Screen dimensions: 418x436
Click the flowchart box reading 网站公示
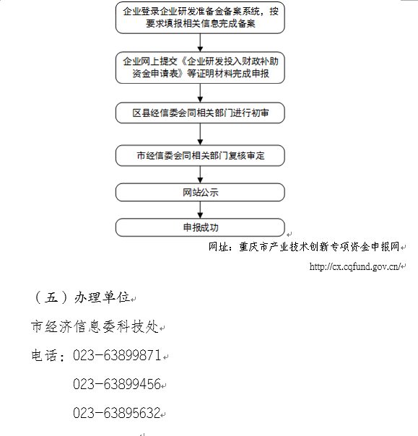pyautogui.click(x=200, y=192)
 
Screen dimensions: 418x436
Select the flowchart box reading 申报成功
pyautogui.click(x=200, y=227)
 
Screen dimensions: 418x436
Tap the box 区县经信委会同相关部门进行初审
pyautogui.click(x=200, y=113)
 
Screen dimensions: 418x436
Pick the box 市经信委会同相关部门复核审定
pyautogui.click(x=200, y=155)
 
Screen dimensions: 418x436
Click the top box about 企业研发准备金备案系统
pyautogui.click(x=200, y=17)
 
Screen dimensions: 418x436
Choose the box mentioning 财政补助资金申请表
pyautogui.click(x=200, y=68)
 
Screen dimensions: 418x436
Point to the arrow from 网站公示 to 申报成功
pyautogui.click(x=200, y=210)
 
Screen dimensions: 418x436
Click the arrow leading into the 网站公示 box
pyautogui.click(x=200, y=175)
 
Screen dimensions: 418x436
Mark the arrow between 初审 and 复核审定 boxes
pyautogui.click(x=200, y=134)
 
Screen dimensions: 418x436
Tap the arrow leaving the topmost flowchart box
pyautogui.click(x=200, y=43)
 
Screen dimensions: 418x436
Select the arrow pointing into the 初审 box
pyautogui.click(x=200, y=93)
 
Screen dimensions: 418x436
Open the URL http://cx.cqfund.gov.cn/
pyautogui.click(x=354, y=266)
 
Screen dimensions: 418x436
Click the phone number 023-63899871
pyautogui.click(x=117, y=355)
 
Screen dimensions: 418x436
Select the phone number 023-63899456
pyautogui.click(x=117, y=384)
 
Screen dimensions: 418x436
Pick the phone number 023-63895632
pyautogui.click(x=117, y=413)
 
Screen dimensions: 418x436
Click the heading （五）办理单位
pyautogui.click(x=82, y=297)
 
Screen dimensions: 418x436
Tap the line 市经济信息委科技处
pyautogui.click(x=95, y=326)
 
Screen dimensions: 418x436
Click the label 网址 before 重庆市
pyautogui.click(x=219, y=247)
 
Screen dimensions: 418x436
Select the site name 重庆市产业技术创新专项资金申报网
pyautogui.click(x=319, y=247)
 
